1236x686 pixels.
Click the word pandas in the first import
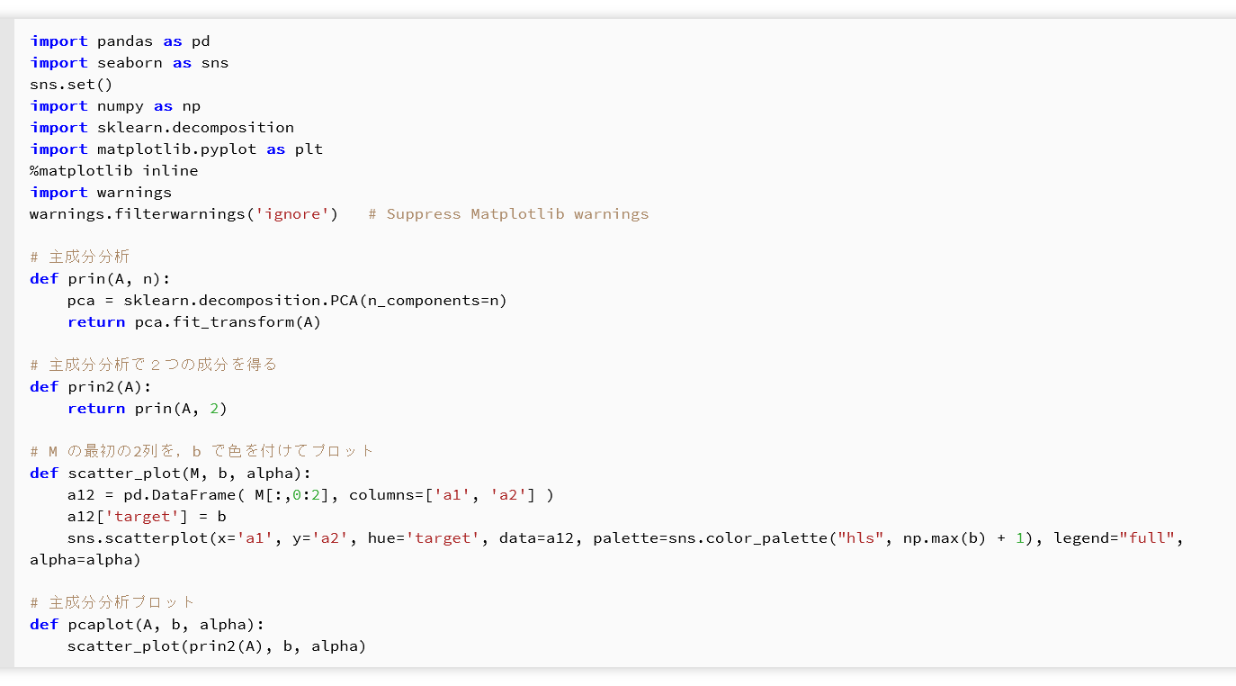[x=125, y=41]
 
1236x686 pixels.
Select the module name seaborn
[x=130, y=63]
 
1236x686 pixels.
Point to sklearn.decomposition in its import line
[x=195, y=128]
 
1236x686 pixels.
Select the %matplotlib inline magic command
[x=113, y=171]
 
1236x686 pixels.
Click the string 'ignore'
[x=295, y=214]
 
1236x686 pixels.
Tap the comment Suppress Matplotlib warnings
[x=517, y=214]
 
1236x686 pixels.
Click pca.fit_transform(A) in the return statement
[x=228, y=322]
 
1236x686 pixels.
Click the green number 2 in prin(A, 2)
[x=213, y=409]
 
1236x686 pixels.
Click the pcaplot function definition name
[x=96, y=625]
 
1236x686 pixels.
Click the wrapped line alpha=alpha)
[x=85, y=560]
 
